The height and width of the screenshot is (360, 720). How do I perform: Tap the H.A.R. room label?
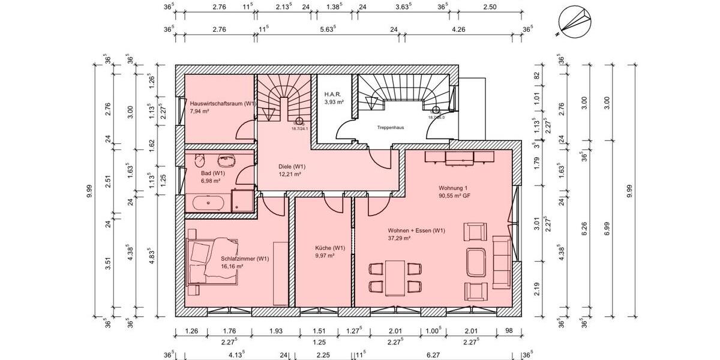click(x=334, y=95)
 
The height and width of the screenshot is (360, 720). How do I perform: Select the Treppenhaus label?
click(x=389, y=128)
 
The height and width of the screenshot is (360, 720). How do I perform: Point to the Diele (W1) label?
click(x=292, y=166)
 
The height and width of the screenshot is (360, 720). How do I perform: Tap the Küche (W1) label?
click(x=330, y=248)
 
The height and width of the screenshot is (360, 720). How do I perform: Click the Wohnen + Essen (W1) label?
click(x=416, y=230)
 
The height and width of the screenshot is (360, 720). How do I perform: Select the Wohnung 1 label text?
click(x=453, y=188)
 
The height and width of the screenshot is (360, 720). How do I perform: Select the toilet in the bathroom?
click(x=200, y=161)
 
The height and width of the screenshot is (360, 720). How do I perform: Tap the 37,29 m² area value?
click(x=399, y=238)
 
